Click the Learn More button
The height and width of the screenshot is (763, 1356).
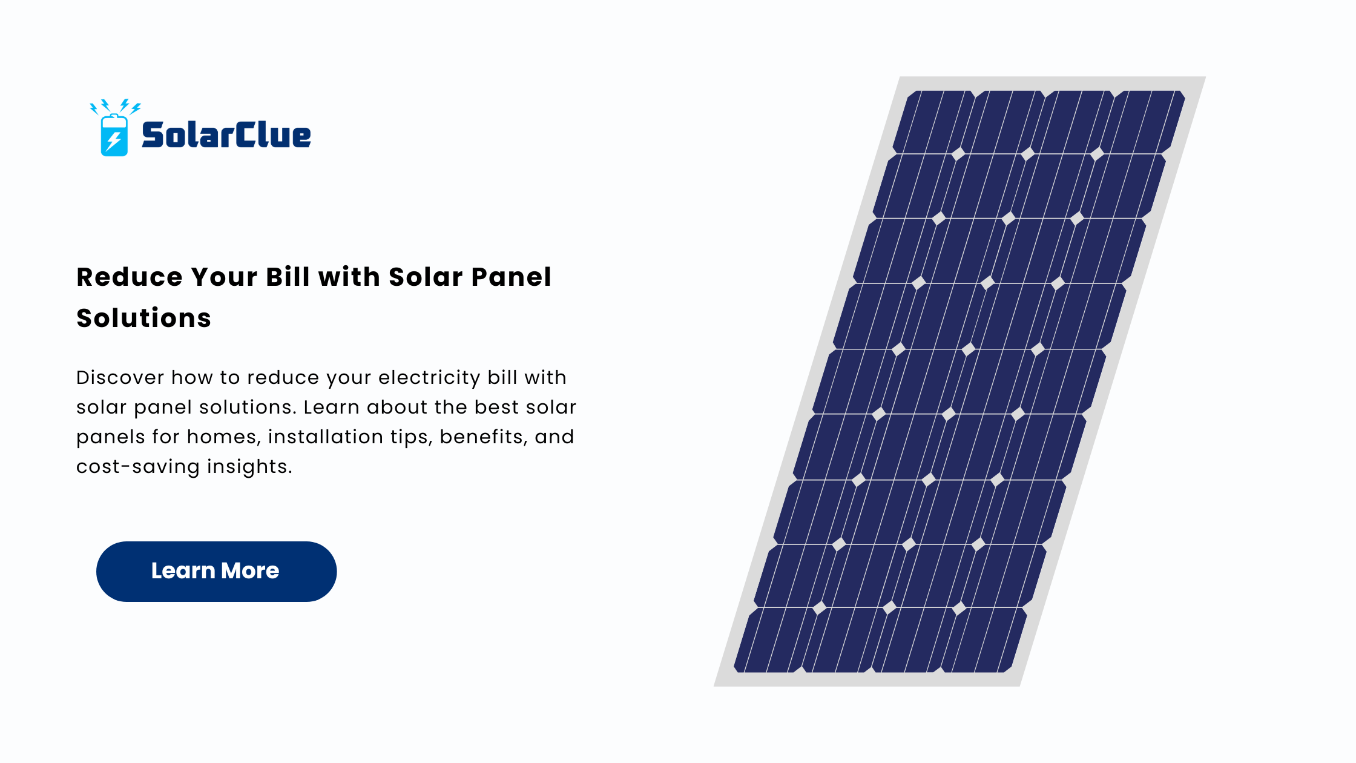(x=216, y=571)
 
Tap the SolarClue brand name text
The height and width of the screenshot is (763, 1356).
(x=226, y=134)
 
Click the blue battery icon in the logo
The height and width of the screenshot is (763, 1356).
(x=114, y=135)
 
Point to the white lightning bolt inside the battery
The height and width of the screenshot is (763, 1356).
(x=114, y=140)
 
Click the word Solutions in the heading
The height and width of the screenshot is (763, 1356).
(x=144, y=318)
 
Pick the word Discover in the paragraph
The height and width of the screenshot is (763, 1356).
(x=120, y=377)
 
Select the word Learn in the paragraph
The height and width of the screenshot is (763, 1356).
(x=332, y=407)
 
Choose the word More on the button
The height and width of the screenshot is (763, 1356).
(x=250, y=570)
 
